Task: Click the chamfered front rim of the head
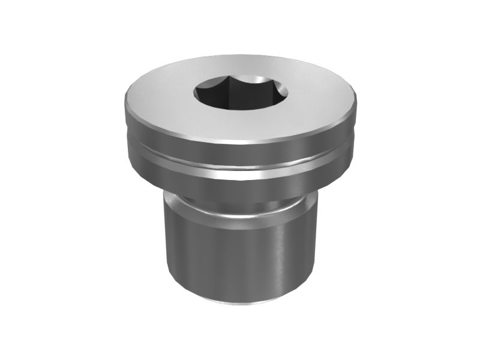pos(240,142)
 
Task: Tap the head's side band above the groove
pos(240,152)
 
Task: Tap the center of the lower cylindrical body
pos(240,252)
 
